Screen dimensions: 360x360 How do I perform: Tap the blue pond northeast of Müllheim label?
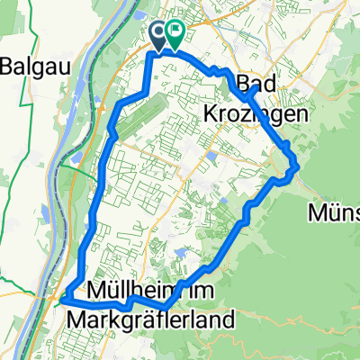[185, 256]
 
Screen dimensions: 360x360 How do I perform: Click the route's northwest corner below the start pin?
[149, 55]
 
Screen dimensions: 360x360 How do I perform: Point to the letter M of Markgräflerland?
[76, 319]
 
